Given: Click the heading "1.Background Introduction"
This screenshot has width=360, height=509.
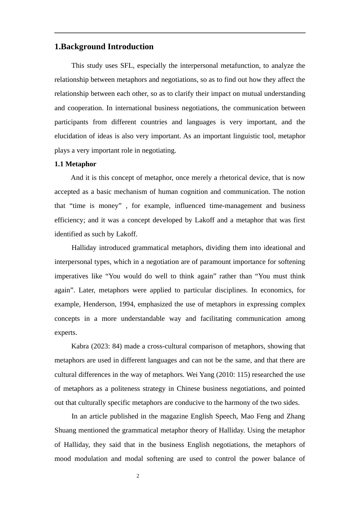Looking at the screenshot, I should (x=104, y=47).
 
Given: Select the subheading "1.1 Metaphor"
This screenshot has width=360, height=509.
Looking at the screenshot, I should (x=75, y=164).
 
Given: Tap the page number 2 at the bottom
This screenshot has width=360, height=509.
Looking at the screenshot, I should (x=138, y=476).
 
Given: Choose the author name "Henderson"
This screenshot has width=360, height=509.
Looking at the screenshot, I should (x=99, y=304).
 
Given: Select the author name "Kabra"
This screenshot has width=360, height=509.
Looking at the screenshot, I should (x=80, y=346).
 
